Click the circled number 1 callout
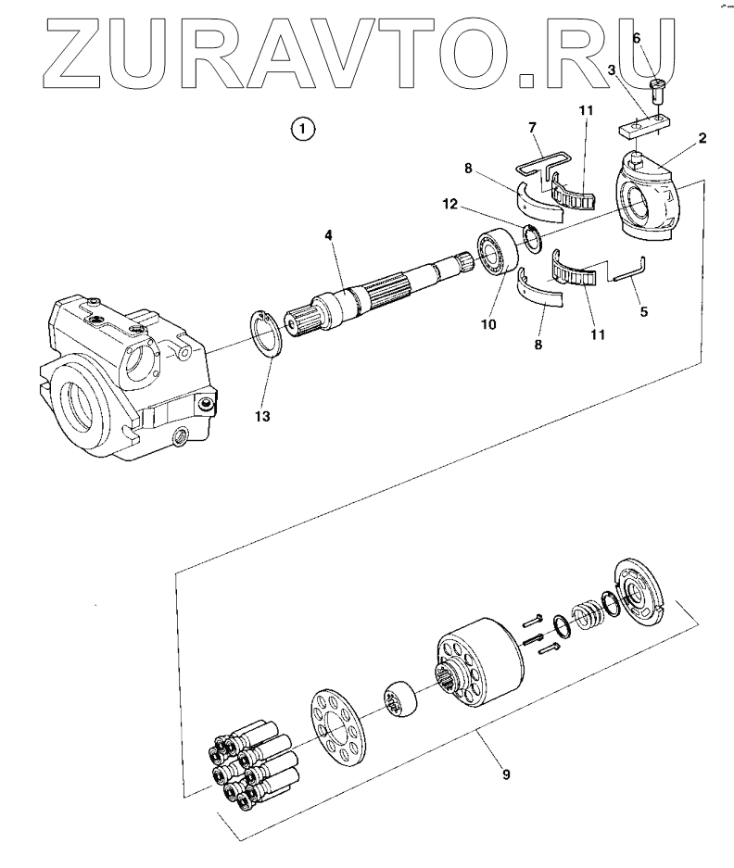[x=303, y=128]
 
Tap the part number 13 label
[x=262, y=417]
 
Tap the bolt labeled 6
[x=659, y=90]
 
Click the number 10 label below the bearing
[x=487, y=324]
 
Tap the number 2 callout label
[x=702, y=139]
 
